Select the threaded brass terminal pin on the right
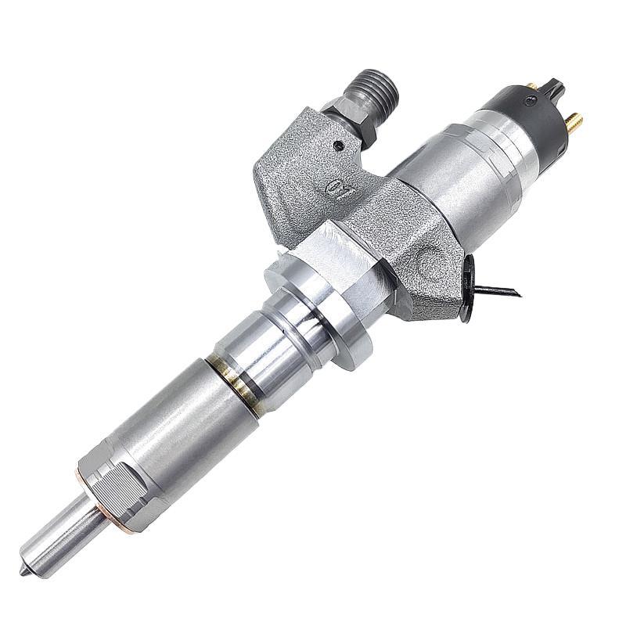coord(574,121)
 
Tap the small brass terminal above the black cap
coord(533,85)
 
